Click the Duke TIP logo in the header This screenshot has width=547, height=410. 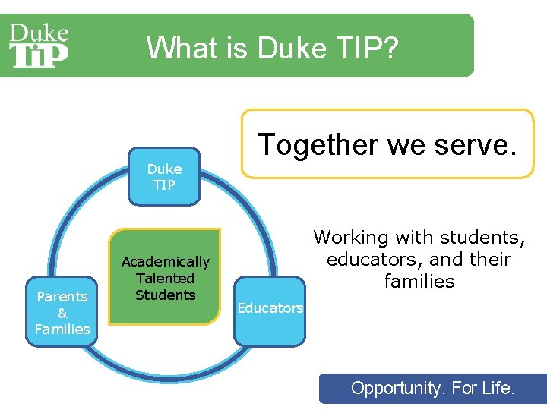click(x=39, y=45)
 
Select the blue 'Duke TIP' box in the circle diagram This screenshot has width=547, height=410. click(x=164, y=177)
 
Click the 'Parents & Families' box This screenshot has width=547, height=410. click(x=62, y=312)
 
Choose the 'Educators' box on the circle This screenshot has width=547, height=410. click(x=270, y=308)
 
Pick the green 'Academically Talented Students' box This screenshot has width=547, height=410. click(x=165, y=278)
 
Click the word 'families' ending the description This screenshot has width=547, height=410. click(x=419, y=282)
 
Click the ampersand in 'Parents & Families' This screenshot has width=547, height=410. click(x=62, y=313)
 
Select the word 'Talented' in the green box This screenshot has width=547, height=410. click(x=165, y=279)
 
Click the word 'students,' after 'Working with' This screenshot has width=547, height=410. click(x=479, y=238)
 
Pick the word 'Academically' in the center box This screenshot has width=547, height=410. click(x=165, y=262)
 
